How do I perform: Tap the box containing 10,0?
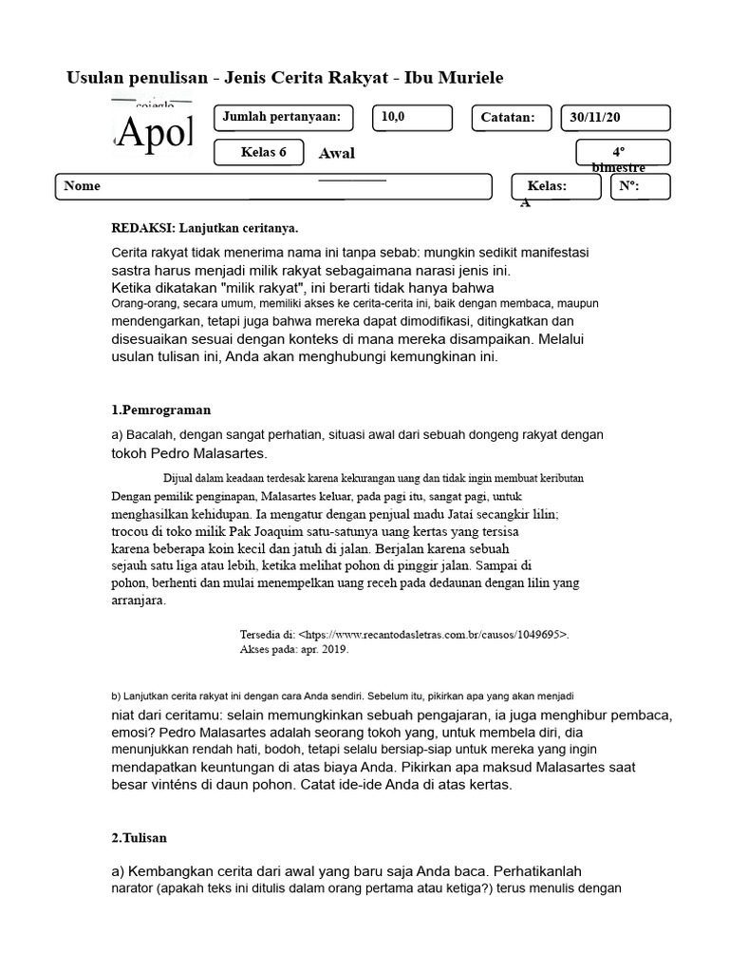[411, 118]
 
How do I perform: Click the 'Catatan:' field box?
[512, 118]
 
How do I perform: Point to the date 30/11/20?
[615, 118]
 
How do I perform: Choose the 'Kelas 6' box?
[258, 152]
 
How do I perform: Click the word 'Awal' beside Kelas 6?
[337, 154]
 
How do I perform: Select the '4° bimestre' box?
[623, 153]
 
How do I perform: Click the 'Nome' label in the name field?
[82, 186]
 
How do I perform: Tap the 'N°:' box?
[640, 186]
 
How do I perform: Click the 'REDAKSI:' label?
[143, 229]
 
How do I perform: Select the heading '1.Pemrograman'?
[161, 410]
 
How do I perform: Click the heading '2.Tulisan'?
[140, 838]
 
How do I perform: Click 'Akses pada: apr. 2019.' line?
[294, 650]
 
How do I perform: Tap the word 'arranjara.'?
[139, 601]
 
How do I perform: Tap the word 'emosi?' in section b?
[132, 734]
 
